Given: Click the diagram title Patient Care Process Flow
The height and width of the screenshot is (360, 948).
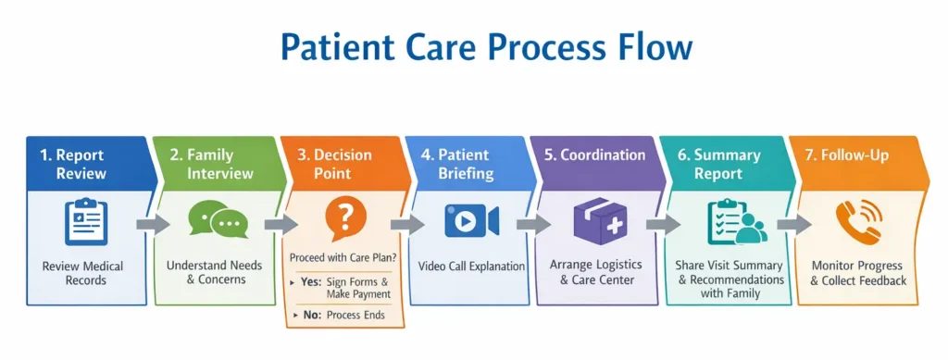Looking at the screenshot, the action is click(x=486, y=48).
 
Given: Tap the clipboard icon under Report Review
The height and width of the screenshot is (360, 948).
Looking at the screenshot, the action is click(x=86, y=222).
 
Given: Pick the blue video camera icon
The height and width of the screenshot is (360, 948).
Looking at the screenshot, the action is click(x=471, y=220).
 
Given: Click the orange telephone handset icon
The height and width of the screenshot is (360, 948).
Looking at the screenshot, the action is click(x=859, y=222).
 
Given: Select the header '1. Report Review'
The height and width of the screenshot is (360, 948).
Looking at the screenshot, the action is click(x=72, y=165).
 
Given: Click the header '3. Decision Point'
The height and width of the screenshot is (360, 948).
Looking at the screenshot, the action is click(x=334, y=165).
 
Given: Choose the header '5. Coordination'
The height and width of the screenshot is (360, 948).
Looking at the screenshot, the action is click(x=595, y=155).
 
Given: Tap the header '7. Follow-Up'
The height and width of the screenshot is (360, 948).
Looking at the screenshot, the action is click(x=846, y=155).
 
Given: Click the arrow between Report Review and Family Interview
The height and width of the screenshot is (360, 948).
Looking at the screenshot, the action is click(x=153, y=225).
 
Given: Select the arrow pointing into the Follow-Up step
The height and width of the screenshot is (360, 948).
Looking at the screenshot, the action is click(x=793, y=225).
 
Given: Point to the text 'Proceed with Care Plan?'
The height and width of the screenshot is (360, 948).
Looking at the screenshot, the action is click(x=343, y=258).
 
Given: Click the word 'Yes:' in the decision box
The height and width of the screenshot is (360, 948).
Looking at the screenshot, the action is click(x=311, y=281).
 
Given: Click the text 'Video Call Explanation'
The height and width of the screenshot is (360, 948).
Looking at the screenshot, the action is click(x=471, y=267).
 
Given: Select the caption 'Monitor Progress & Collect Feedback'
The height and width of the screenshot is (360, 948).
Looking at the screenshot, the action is click(x=858, y=274).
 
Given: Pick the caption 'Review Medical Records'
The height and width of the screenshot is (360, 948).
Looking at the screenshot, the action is click(x=82, y=273).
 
